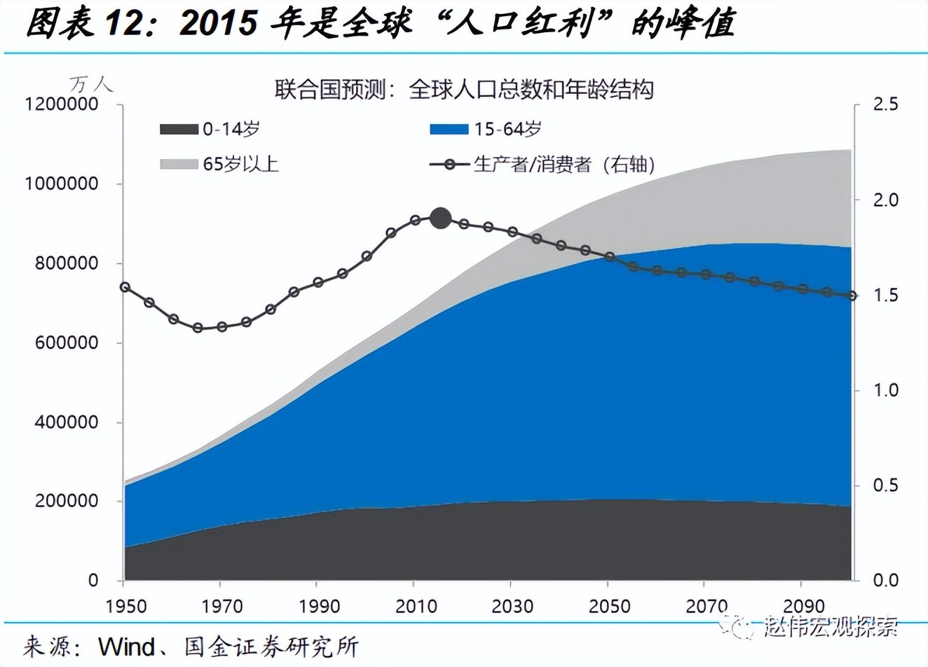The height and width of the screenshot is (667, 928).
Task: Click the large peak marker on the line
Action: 440,219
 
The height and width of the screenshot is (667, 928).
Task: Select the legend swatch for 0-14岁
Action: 179,130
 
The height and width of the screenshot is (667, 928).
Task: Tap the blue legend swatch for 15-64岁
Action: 449,130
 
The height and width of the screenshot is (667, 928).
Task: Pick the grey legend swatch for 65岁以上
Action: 179,164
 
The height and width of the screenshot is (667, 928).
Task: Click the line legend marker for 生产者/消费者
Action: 449,165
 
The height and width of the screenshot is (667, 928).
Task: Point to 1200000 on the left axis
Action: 61,104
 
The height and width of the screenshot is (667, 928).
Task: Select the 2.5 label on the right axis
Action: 885,104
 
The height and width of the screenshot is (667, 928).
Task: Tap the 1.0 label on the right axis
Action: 885,390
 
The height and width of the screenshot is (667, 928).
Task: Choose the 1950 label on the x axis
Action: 125,606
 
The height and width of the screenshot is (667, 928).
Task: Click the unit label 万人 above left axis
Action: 90,85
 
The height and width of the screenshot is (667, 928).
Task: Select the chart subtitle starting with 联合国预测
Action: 463,90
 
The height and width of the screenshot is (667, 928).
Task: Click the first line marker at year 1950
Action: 125,287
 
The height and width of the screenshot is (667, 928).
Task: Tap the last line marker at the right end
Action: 852,296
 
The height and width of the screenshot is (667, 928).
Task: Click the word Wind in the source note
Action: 126,646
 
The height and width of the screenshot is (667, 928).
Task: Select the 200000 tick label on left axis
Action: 64,502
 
